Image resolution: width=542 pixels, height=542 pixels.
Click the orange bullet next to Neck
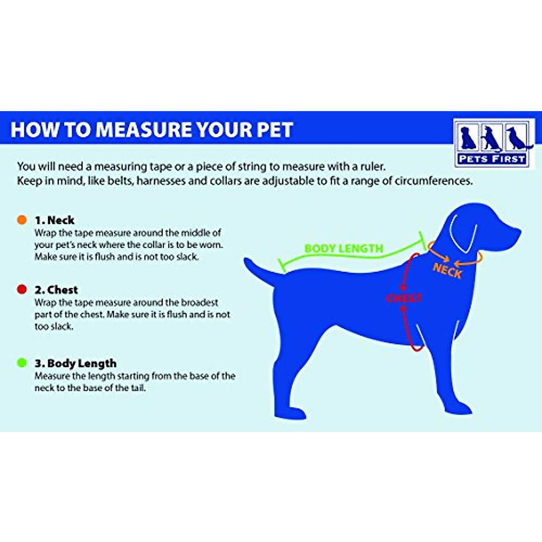[22, 220]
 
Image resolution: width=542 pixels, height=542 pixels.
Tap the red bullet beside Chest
[22, 290]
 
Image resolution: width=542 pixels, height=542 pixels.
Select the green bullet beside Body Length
[22, 363]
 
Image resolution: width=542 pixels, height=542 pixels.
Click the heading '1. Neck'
[55, 220]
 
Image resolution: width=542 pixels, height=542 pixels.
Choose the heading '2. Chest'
[56, 290]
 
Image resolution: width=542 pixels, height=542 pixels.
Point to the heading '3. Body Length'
[75, 364]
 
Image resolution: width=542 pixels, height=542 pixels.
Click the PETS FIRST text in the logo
[491, 159]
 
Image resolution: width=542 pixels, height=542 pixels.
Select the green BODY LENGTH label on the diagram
[344, 248]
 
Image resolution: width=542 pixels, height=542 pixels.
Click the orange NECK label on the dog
[447, 271]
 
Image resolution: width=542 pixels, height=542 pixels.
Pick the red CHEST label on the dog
[403, 298]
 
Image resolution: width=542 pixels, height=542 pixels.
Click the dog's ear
[463, 235]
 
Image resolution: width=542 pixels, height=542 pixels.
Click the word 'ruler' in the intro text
[373, 167]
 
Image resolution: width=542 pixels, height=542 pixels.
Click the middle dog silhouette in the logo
[491, 138]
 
